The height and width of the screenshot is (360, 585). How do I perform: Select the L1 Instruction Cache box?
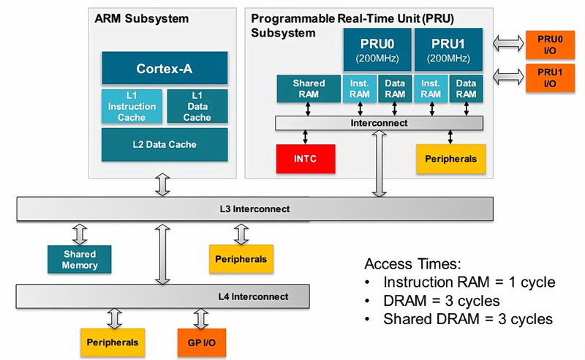click(132, 107)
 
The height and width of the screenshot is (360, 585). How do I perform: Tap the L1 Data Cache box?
click(197, 107)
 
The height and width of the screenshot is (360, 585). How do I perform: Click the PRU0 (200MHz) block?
click(377, 50)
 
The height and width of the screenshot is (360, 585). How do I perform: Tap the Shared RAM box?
click(308, 89)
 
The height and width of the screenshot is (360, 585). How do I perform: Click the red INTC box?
click(305, 158)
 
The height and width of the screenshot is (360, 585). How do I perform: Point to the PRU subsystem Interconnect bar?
click(379, 123)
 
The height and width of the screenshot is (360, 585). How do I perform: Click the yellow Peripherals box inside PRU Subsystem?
click(450, 158)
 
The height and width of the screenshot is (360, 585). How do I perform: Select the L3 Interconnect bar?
click(254, 209)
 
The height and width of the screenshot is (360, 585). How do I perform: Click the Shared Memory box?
click(79, 259)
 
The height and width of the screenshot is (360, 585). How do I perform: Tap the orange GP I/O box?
click(200, 341)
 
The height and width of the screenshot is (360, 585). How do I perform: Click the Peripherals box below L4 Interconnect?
click(111, 341)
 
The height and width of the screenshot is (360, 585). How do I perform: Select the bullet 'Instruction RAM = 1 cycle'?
click(468, 282)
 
